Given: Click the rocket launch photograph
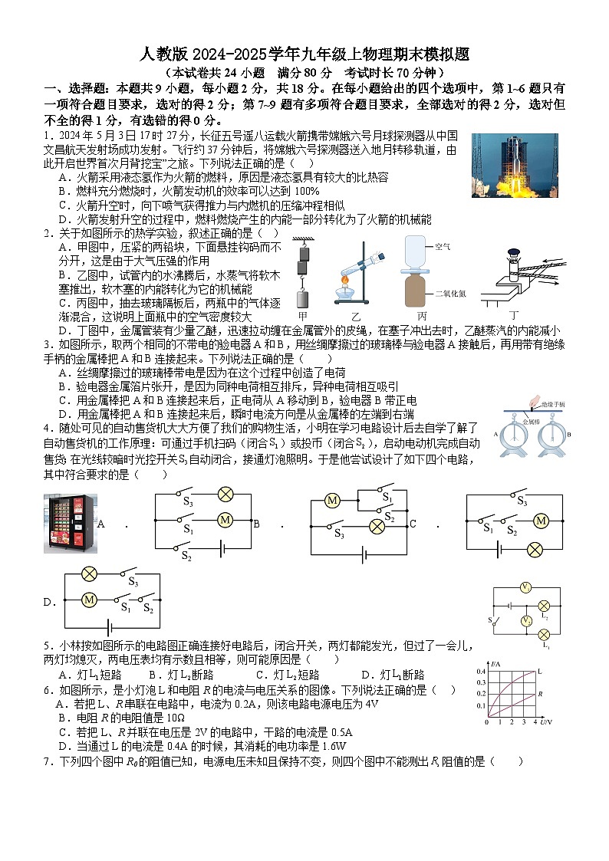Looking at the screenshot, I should tap(515, 166).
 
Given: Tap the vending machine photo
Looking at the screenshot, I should tap(70, 524).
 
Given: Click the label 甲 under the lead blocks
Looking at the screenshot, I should tap(303, 315).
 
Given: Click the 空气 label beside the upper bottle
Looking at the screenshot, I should tap(443, 247).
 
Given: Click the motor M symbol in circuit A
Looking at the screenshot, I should tap(225, 520).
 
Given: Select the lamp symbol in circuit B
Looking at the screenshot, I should tap(377, 526).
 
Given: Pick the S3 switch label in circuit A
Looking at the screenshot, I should tap(187, 503).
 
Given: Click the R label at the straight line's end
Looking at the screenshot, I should tap(541, 694).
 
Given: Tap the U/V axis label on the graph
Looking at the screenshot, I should tap(545, 722).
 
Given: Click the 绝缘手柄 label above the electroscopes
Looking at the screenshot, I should tap(551, 403).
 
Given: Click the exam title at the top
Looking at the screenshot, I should tap(304, 54).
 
